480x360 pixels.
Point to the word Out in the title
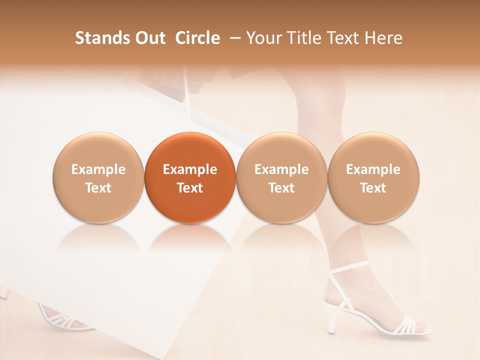[149, 38]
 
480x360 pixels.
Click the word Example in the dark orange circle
[190, 169]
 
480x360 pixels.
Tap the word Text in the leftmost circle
[98, 188]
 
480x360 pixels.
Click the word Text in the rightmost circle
[373, 188]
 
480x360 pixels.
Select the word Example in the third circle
[281, 169]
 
